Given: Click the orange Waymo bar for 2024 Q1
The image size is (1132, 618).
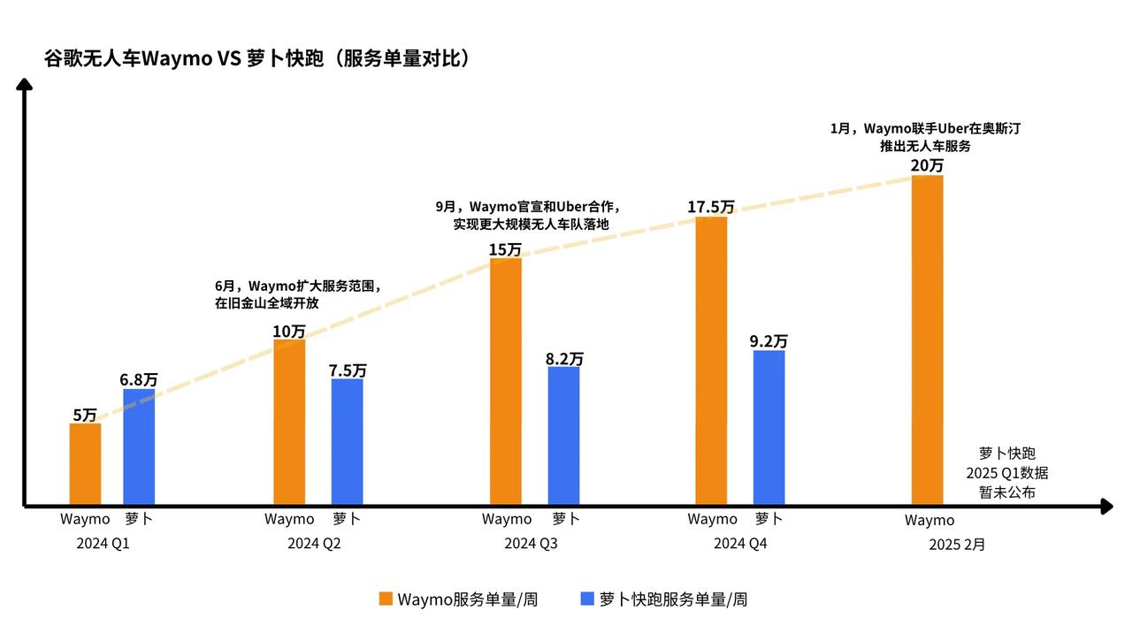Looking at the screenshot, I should (85, 464).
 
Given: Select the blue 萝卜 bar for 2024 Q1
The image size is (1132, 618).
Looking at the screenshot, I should (139, 446).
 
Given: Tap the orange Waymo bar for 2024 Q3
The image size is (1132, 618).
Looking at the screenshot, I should (505, 381).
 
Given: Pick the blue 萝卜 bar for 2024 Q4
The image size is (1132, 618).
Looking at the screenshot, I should (769, 427).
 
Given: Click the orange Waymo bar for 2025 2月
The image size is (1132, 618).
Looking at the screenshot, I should (927, 340).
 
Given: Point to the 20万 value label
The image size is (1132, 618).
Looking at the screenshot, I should (927, 165).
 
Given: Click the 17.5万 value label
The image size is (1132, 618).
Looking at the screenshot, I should (711, 207).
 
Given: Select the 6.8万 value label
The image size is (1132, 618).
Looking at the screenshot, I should (139, 379).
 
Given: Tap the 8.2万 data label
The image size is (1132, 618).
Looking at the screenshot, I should (564, 358).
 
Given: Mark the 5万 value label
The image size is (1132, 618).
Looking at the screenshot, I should (85, 415).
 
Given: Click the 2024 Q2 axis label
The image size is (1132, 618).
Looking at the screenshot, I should (314, 544).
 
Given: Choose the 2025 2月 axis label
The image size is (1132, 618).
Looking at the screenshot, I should (956, 545).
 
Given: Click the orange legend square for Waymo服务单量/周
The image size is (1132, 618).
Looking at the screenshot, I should (386, 599).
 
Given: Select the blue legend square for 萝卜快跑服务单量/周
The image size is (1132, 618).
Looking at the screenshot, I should (586, 599).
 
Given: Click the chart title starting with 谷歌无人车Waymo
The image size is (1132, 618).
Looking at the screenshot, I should (256, 59).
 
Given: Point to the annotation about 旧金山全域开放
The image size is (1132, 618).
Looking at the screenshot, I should (297, 294).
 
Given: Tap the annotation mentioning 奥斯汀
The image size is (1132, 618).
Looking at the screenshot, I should (925, 137).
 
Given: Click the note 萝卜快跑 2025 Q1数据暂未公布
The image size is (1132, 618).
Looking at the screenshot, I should (1006, 472).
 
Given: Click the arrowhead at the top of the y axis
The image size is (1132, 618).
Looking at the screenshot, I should (25, 84).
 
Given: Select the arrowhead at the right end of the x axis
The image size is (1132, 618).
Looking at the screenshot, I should (1106, 507).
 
